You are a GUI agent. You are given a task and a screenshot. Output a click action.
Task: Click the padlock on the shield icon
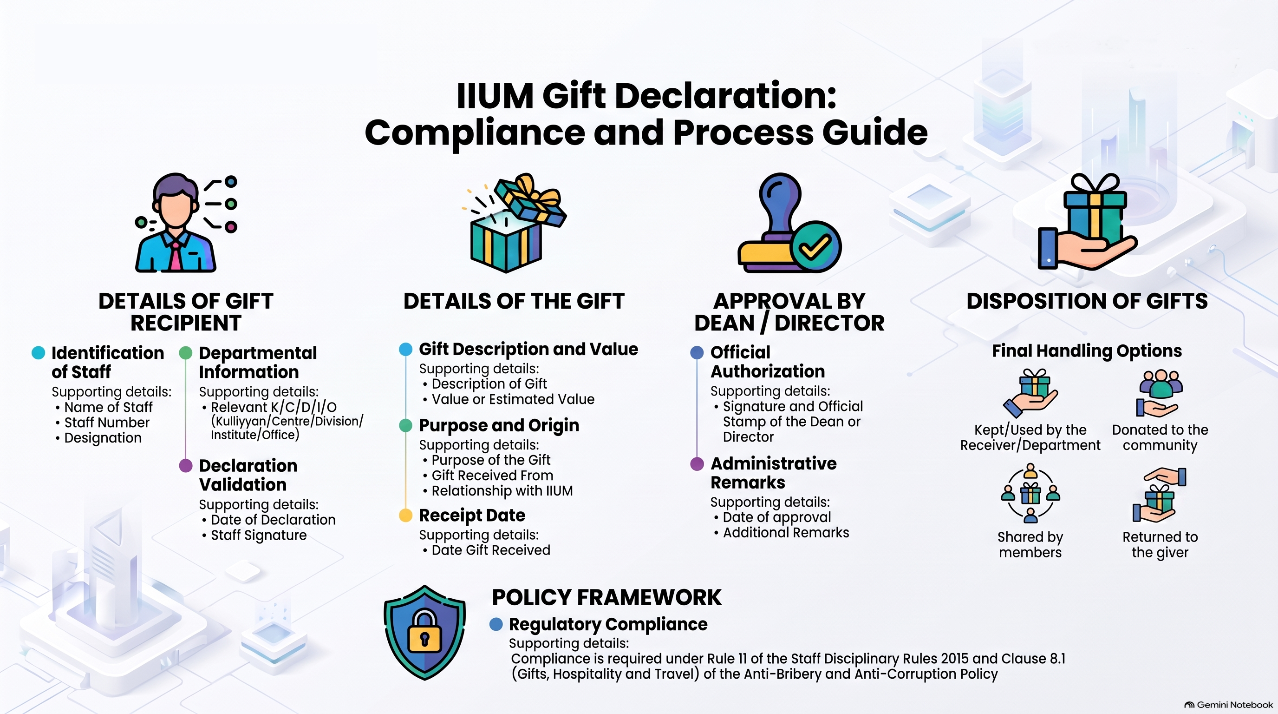424,631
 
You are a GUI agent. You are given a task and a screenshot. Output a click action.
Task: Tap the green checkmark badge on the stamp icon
815,246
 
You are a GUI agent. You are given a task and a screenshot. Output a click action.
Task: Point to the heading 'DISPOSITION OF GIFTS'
1087,301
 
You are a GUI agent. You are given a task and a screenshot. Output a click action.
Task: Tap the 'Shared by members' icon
1030,493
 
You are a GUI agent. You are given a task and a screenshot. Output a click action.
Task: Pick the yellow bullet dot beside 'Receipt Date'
406,516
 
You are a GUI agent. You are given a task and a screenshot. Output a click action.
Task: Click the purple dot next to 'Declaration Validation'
186,466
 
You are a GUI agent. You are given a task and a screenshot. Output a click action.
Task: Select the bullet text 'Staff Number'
107,423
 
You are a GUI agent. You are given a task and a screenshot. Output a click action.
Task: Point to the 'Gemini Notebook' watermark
1228,705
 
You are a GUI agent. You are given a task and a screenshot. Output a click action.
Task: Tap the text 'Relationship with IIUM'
502,490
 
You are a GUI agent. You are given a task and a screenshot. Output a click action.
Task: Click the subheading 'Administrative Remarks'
774,473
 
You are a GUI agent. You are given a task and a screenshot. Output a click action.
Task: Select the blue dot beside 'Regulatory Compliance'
496,624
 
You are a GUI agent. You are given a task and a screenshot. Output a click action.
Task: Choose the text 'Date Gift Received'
491,550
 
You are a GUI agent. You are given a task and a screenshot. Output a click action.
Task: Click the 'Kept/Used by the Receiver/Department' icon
1030,393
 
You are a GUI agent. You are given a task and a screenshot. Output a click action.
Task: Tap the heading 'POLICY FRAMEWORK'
606,597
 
